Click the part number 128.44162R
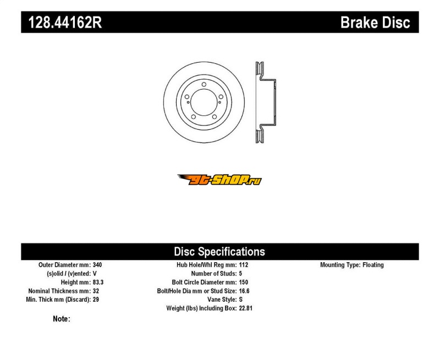(65, 23)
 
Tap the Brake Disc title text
(375, 23)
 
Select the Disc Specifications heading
(219, 252)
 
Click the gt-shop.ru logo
(219, 180)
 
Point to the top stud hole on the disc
(204, 85)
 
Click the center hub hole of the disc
(204, 102)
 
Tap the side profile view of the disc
(266, 102)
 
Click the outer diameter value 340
(97, 265)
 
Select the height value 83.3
(98, 283)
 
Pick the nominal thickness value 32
(96, 291)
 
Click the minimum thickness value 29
(96, 300)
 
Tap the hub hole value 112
(244, 265)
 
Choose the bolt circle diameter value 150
(244, 283)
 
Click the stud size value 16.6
(244, 291)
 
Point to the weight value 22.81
(246, 308)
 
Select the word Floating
(373, 265)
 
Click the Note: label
(62, 319)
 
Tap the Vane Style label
(222, 300)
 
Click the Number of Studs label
(214, 274)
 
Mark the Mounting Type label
(340, 265)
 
